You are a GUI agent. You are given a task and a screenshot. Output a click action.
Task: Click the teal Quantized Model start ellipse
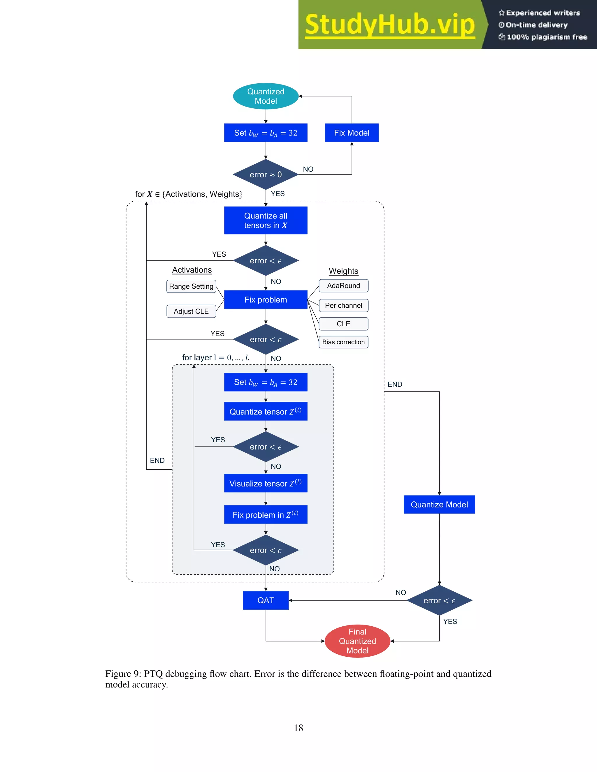coord(266,96)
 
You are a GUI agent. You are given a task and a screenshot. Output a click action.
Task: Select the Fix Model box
coord(352,133)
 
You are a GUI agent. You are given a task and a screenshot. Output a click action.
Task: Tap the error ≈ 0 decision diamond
coord(266,175)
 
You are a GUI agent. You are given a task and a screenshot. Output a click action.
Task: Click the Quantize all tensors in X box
coord(266,220)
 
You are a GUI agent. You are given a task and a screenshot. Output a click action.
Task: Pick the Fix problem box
coord(266,300)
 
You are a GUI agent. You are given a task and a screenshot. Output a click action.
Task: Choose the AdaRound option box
coord(343,285)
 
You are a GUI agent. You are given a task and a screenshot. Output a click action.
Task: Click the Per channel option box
coord(343,305)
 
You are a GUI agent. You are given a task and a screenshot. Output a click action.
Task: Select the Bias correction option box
coord(343,342)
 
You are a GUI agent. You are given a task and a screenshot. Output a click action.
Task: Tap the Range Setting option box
coord(191,286)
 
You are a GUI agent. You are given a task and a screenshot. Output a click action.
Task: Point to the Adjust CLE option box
coord(191,311)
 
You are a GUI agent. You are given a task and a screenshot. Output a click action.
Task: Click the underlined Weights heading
coord(343,271)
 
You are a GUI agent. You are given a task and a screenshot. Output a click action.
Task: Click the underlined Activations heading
coord(192,270)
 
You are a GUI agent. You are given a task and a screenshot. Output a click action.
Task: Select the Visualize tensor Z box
coord(266,483)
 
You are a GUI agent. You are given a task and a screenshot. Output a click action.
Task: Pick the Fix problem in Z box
coord(266,515)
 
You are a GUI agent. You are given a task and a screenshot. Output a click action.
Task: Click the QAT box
coord(266,600)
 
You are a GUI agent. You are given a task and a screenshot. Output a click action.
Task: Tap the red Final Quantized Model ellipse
coord(357,641)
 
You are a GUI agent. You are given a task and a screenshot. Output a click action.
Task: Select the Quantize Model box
coord(439,504)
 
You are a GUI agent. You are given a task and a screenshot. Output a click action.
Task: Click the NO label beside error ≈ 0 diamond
coord(308,169)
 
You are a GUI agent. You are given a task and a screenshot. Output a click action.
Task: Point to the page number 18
coord(298,728)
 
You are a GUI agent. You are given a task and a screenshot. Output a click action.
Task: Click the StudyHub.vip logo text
coord(389,25)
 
